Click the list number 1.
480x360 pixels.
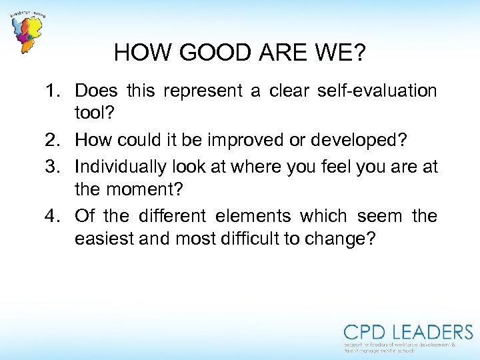pyautogui.click(x=57, y=91)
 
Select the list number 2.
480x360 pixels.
pyautogui.click(x=57, y=140)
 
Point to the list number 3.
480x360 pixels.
pyautogui.click(x=57, y=166)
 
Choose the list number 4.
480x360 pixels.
pyautogui.click(x=57, y=216)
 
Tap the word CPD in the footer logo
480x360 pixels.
pyautogui.click(x=366, y=333)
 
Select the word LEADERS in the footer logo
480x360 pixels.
pyautogui.click(x=433, y=333)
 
